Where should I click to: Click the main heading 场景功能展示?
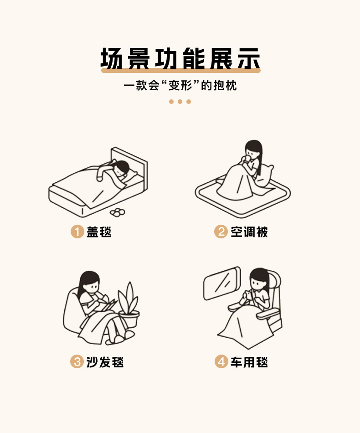[x=180, y=58]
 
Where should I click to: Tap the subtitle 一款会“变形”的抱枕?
[x=180, y=85]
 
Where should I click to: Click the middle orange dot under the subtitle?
[x=180, y=102]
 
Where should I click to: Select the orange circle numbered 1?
[x=77, y=232]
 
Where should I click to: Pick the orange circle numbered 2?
[x=221, y=232]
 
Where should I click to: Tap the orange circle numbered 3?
[x=77, y=362]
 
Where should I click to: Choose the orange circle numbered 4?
[x=221, y=362]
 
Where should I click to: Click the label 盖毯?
[x=99, y=232]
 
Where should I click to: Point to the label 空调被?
[x=249, y=232]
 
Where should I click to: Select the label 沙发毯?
[x=105, y=362]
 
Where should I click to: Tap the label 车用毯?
[x=249, y=362]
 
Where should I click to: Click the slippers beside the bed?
[x=117, y=212]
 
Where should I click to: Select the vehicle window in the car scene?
[x=222, y=283]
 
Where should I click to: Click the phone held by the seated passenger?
[x=249, y=294]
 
